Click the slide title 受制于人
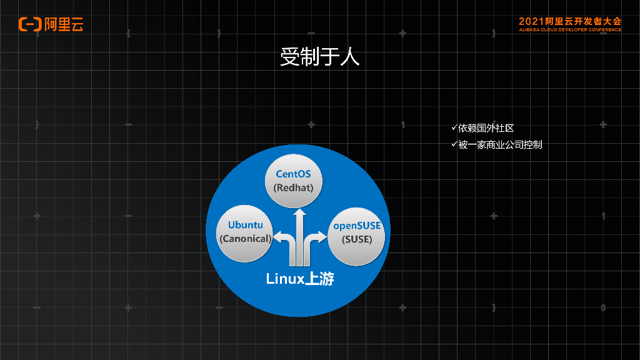(319, 57)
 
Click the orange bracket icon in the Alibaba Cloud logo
(29, 24)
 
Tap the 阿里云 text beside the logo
(64, 24)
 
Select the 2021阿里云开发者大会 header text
(569, 21)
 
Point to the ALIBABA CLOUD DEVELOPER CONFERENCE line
(569, 29)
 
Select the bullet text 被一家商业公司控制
(499, 145)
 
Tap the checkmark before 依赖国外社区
(454, 127)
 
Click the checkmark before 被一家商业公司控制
(454, 144)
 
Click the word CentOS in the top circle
(293, 174)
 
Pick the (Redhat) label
(293, 187)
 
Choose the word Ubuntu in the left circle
(245, 225)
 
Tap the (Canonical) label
(245, 238)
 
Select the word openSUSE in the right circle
(357, 226)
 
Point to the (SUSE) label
(357, 239)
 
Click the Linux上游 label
(300, 278)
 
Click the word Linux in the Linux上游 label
(284, 279)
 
